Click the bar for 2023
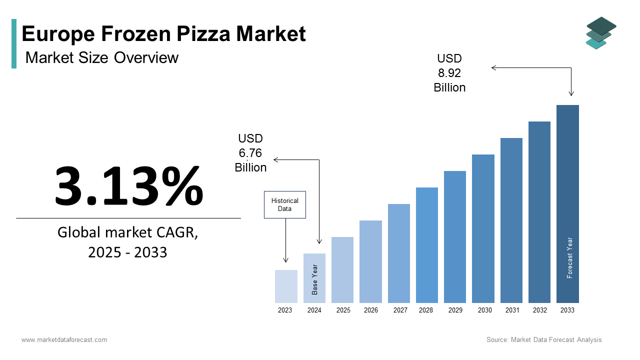click(286, 286)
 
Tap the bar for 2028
click(426, 245)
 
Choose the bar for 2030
click(483, 228)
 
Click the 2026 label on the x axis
click(370, 310)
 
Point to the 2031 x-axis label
click(511, 310)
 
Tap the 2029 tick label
click(455, 310)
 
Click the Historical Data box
click(284, 204)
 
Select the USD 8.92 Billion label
click(449, 73)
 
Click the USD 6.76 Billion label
click(250, 153)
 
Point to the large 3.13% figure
click(128, 185)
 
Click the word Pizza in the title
click(202, 34)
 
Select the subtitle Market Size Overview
click(101, 57)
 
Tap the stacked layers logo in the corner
click(600, 32)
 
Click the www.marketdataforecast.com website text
click(64, 340)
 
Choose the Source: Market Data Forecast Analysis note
click(544, 340)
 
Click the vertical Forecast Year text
click(569, 257)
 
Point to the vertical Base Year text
click(314, 279)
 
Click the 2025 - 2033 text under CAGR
click(127, 252)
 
